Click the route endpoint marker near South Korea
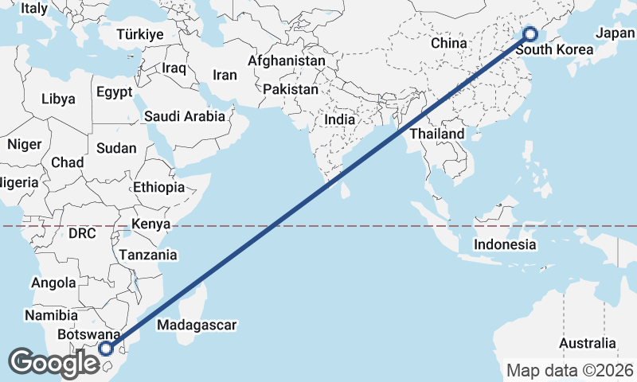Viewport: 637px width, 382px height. click(530, 34)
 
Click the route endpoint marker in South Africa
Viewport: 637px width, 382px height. click(106, 348)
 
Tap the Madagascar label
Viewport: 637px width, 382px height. click(197, 325)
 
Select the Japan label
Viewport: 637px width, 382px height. click(615, 33)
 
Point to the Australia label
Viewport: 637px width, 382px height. click(587, 343)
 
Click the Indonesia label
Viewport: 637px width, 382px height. click(505, 244)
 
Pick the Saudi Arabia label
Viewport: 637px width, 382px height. click(185, 116)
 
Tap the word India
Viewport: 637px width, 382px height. click(340, 119)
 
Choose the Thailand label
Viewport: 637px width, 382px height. click(437, 134)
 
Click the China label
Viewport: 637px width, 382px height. click(448, 43)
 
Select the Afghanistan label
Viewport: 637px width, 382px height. click(287, 60)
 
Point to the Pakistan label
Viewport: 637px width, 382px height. click(291, 89)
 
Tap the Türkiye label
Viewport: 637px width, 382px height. click(139, 34)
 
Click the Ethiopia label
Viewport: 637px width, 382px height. click(159, 187)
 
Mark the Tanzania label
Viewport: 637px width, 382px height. click(148, 255)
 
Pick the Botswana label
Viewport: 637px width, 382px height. click(88, 335)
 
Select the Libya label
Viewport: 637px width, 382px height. click(58, 99)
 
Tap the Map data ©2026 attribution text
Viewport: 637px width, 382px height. click(569, 370)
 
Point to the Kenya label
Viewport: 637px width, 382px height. click(151, 224)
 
